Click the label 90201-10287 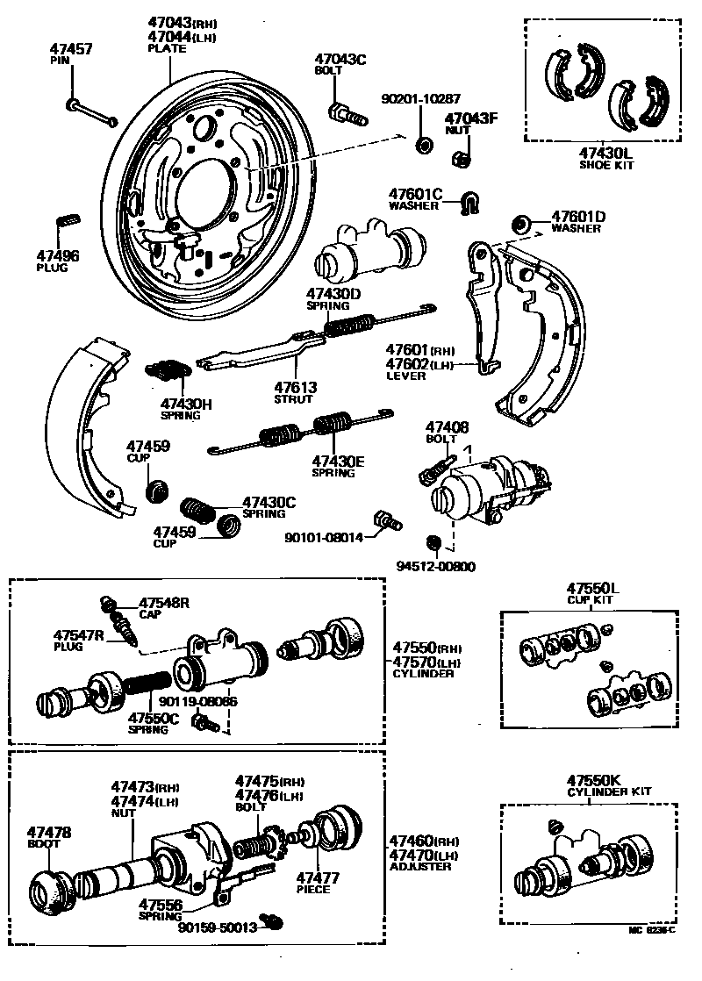point(420,99)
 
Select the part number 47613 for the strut point(295,386)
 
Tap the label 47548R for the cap point(165,603)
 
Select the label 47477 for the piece point(317,877)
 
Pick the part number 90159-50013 point(217,927)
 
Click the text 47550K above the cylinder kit point(594,779)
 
